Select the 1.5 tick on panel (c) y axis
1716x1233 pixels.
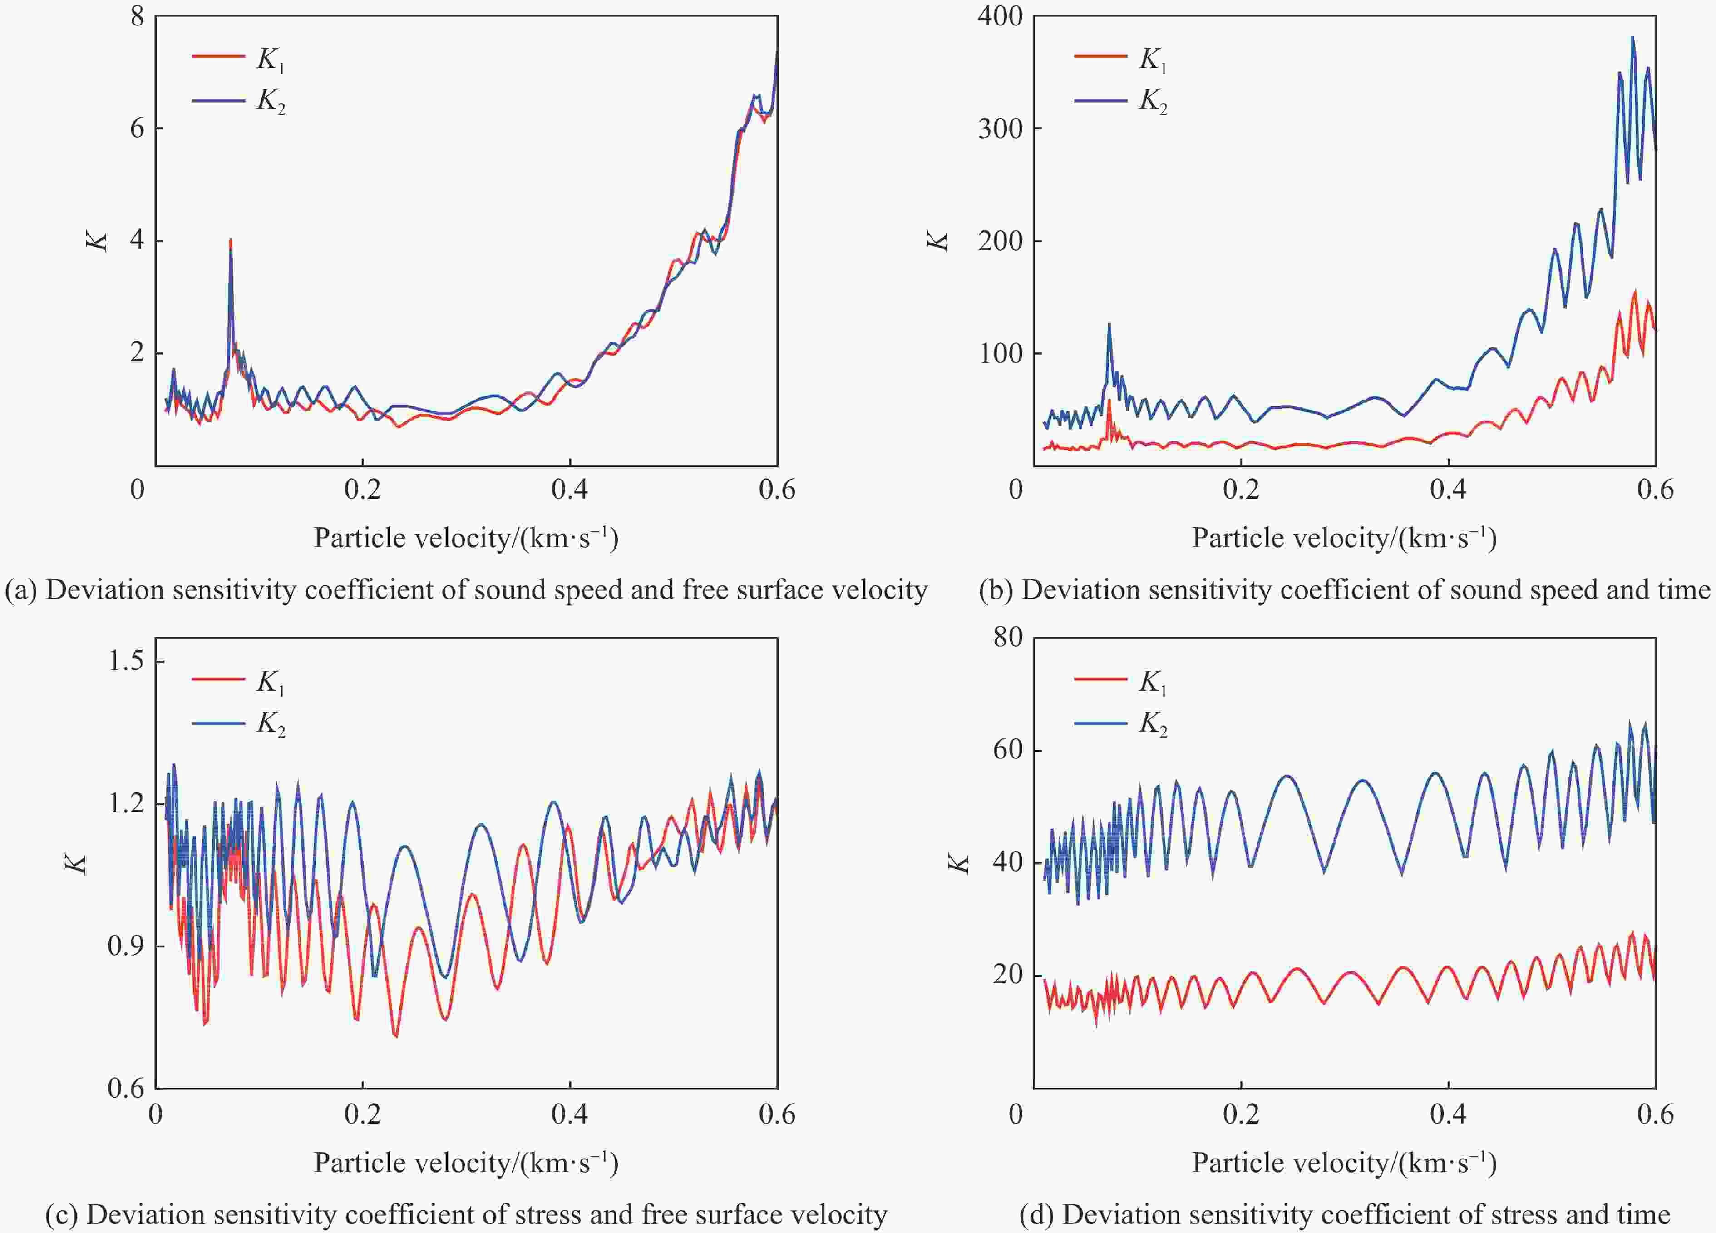126,661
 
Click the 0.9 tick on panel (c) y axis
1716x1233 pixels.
126,946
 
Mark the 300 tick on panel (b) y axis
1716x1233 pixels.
1000,128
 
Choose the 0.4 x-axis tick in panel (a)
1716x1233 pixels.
570,490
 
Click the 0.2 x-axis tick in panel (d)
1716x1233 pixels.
1241,1114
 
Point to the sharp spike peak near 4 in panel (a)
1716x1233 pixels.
230,241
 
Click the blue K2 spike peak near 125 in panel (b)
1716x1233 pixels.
1109,325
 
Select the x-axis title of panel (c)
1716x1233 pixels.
466,1162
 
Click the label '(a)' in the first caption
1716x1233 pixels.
21,589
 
